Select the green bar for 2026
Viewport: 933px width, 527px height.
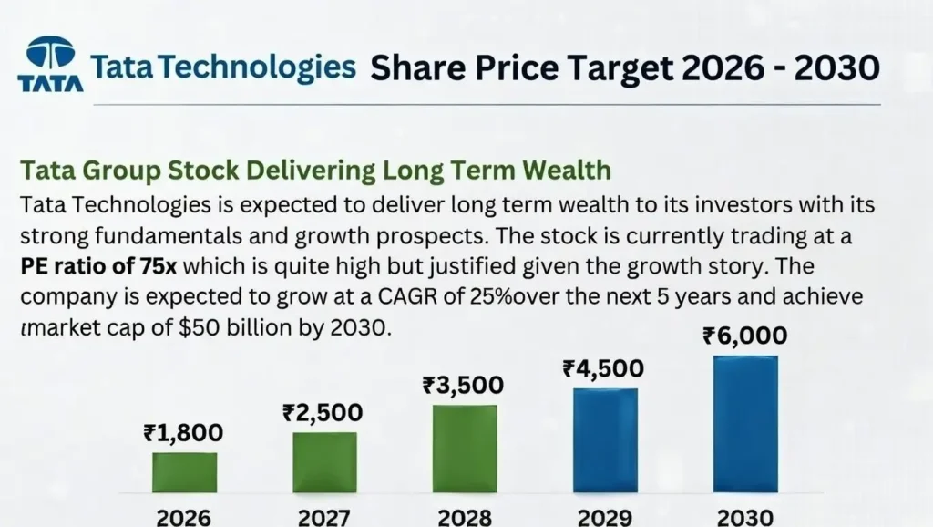click(x=184, y=471)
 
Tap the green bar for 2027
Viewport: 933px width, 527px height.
click(x=324, y=461)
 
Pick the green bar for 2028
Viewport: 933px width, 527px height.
click(x=465, y=448)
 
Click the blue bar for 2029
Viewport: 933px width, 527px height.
click(x=605, y=439)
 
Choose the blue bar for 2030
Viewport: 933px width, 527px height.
click(x=745, y=423)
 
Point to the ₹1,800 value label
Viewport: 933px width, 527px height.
click(x=183, y=433)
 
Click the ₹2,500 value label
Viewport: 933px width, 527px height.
click(x=323, y=412)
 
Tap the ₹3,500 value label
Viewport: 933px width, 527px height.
click(x=464, y=385)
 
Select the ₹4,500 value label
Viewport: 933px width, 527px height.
click(x=604, y=368)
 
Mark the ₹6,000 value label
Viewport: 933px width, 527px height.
click(x=745, y=336)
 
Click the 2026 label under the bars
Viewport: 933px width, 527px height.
click(x=184, y=516)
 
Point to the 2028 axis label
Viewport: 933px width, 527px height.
click(x=465, y=516)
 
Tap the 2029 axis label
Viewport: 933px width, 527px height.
click(x=605, y=516)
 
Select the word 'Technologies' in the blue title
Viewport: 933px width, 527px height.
click(x=275, y=67)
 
